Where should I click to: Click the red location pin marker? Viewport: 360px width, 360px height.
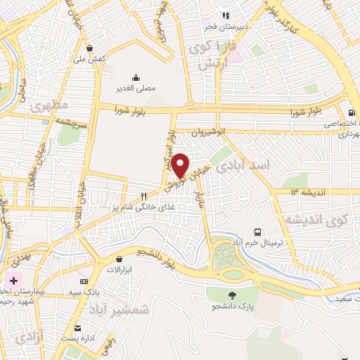[181, 165]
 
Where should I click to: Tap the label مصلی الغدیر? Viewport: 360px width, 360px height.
[135, 89]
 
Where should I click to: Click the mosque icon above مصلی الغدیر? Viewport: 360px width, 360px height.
[135, 77]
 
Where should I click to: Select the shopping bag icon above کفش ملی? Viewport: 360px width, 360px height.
[89, 49]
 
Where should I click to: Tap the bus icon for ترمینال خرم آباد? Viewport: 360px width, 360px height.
[258, 232]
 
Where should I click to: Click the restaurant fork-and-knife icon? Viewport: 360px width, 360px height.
[144, 196]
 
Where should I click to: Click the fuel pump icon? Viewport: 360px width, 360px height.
[350, 112]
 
